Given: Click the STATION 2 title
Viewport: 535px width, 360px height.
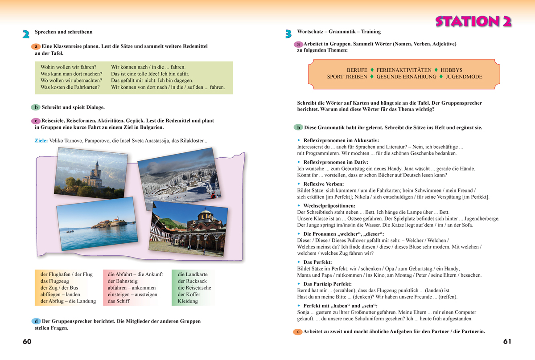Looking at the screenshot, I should (473, 21).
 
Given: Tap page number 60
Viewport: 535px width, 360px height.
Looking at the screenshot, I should (27, 342).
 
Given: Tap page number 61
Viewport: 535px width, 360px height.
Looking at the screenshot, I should (507, 342).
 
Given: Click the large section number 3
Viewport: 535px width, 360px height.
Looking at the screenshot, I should (288, 34).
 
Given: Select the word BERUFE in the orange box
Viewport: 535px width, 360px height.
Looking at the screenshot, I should (357, 70).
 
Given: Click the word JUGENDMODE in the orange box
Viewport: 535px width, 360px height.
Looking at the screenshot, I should (464, 77).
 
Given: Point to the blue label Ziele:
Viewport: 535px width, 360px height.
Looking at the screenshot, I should (41, 141).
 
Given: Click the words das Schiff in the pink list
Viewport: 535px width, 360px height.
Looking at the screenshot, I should (119, 301).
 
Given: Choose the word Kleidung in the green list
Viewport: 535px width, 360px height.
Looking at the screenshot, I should (188, 301).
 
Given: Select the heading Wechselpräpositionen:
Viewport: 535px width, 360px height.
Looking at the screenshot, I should (329, 206).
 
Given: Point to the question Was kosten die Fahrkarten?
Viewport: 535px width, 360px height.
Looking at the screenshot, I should (70, 87).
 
